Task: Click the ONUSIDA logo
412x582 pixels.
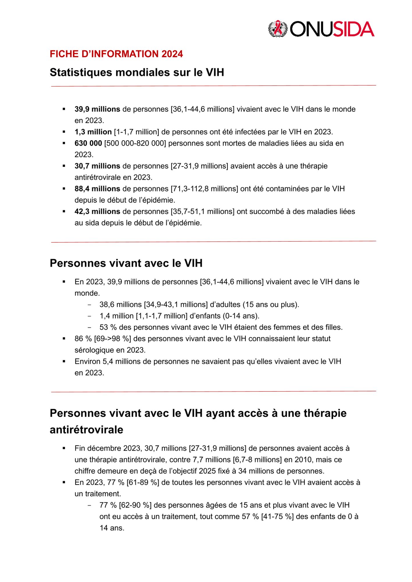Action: pyautogui.click(x=321, y=29)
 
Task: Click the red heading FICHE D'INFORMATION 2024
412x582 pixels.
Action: pyautogui.click(x=116, y=54)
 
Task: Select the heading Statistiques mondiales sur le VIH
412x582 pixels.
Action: pyautogui.click(x=137, y=72)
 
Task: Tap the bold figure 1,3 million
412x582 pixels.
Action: pyautogui.click(x=93, y=132)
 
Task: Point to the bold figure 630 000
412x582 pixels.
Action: pyautogui.click(x=88, y=143)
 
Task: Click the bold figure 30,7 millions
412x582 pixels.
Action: pyautogui.click(x=97, y=166)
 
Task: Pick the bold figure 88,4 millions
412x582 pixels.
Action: pyautogui.click(x=97, y=189)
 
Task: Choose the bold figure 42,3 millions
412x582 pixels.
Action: pyautogui.click(x=97, y=211)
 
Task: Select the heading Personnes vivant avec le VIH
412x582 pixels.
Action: pyautogui.click(x=126, y=263)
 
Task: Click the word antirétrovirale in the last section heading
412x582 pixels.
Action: pyautogui.click(x=86, y=430)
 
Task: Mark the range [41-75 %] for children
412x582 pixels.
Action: pyautogui.click(x=277, y=517)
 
